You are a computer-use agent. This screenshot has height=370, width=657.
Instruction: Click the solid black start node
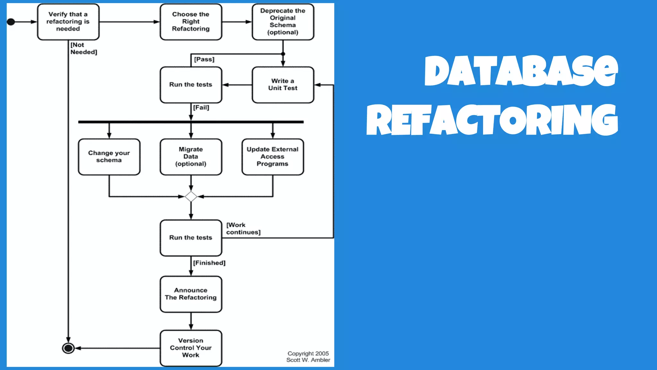point(11,22)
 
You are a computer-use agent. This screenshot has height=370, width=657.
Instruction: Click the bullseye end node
point(68,348)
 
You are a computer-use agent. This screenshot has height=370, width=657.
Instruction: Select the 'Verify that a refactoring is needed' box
point(68,22)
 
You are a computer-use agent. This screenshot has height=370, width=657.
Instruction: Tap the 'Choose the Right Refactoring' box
point(191,22)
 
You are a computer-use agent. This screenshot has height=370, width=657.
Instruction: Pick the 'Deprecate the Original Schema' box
point(283,22)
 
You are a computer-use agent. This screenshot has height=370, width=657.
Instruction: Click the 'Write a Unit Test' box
point(283,85)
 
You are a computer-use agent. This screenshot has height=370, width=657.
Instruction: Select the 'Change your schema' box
point(109,157)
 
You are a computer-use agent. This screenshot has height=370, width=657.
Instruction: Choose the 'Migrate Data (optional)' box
point(191,157)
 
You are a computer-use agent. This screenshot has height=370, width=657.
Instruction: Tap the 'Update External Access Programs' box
point(272,157)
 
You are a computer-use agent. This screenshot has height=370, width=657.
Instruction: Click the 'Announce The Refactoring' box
point(191,294)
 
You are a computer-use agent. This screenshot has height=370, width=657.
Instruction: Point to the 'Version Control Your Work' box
point(191,348)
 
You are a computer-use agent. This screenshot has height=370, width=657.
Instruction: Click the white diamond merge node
point(191,197)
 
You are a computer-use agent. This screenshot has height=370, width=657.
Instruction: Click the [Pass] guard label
point(204,59)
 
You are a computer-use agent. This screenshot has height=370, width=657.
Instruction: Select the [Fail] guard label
point(201,108)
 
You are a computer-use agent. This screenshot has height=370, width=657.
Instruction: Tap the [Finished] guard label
point(209,263)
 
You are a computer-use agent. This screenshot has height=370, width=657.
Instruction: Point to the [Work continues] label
point(243,229)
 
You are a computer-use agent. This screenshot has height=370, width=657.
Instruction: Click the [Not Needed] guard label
point(83,48)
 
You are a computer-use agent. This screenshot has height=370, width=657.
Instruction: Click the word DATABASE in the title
point(521,71)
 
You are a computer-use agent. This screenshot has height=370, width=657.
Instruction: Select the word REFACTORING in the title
point(492,120)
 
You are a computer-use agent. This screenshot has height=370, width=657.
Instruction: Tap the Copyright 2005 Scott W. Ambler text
point(308,357)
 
